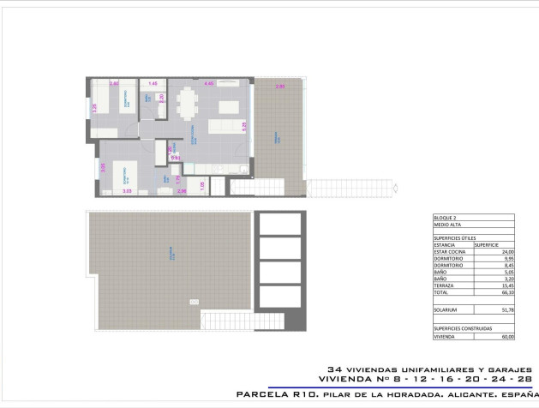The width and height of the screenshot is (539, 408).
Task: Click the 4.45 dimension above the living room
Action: click(208, 83)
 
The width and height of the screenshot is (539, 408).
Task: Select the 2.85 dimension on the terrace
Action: click(279, 87)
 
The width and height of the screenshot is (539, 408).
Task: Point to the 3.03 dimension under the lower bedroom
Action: click(127, 192)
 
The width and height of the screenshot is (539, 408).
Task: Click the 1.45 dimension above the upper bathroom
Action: click(153, 83)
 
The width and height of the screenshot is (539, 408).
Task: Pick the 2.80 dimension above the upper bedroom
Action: click(114, 83)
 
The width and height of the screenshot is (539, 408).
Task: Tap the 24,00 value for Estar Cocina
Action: click(506, 251)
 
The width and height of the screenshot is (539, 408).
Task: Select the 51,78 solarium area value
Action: click(506, 309)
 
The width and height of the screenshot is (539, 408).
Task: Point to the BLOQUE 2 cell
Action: click(444, 219)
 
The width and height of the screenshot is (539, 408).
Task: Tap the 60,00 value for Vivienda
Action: click(506, 336)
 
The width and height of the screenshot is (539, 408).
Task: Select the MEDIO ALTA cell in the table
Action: click(446, 225)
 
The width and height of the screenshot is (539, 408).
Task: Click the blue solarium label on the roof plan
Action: click(171, 254)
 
